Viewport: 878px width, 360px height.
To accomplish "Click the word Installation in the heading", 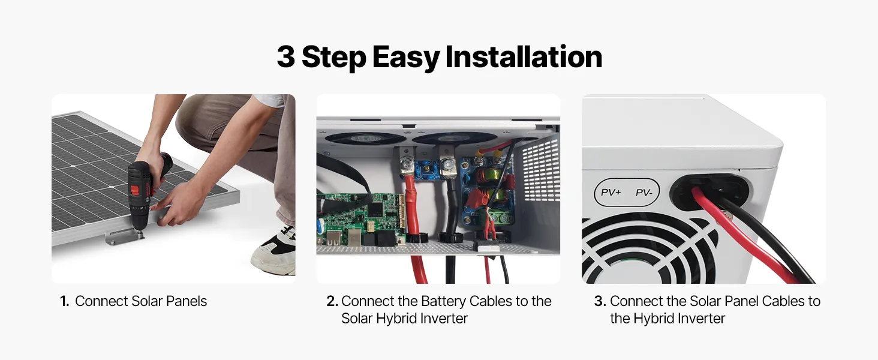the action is (x=524, y=56).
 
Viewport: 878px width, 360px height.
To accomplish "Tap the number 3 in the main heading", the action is (x=286, y=57).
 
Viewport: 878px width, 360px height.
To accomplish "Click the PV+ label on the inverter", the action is (x=611, y=192).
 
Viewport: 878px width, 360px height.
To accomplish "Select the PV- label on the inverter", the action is (x=644, y=193).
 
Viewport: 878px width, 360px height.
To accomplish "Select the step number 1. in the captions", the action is (x=65, y=301).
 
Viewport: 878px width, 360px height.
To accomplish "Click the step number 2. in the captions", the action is (x=332, y=301).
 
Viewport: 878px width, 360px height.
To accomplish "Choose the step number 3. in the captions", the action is (x=600, y=301).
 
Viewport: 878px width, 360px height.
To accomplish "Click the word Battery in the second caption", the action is (x=443, y=301).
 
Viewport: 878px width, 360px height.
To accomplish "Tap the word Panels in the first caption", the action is (x=187, y=301).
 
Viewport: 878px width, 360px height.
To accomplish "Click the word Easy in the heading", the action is (x=406, y=58).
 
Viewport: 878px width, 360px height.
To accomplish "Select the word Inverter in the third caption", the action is (x=702, y=319).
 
